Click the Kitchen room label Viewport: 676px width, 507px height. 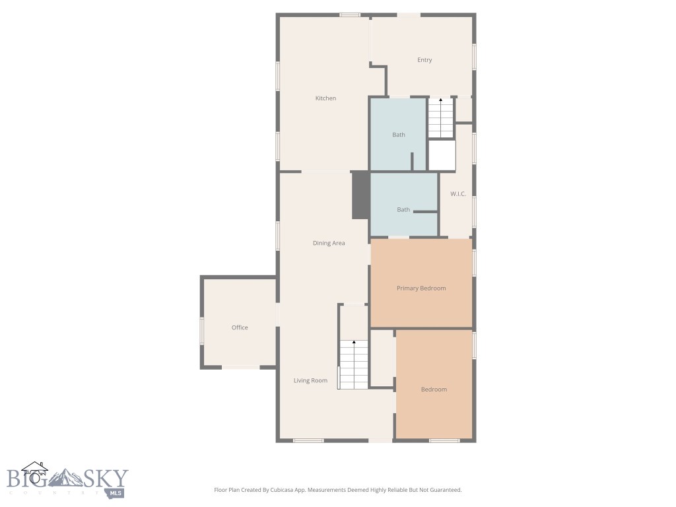(325, 98)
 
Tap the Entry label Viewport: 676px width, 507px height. (424, 60)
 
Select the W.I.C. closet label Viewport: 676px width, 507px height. (458, 194)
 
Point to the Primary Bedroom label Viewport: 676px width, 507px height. (421, 288)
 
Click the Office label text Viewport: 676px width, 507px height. (240, 328)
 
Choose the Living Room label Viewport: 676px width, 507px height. (310, 381)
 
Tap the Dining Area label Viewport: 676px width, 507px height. (329, 244)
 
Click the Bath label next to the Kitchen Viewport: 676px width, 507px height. (399, 135)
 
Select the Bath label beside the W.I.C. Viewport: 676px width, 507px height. (403, 210)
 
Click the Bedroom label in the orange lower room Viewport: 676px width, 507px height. (434, 389)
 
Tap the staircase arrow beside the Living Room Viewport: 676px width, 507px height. (354, 343)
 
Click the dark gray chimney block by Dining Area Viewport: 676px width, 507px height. (360, 195)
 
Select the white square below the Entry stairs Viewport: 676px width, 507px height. (442, 156)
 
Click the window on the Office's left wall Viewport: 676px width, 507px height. (202, 330)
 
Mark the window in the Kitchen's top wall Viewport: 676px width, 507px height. (350, 15)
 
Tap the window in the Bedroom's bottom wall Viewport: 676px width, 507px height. (444, 440)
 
